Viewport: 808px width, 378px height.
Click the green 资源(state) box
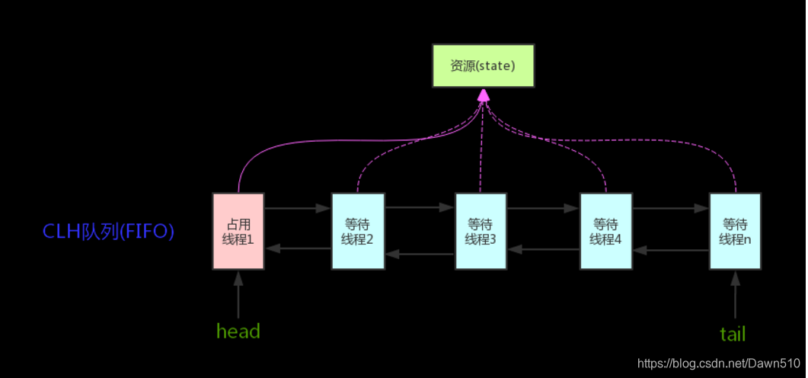click(x=483, y=66)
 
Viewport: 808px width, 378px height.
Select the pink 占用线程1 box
click(x=238, y=231)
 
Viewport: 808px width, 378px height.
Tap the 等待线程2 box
click(x=358, y=231)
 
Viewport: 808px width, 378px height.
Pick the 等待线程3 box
click(x=481, y=231)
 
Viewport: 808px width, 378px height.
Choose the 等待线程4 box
click(x=606, y=231)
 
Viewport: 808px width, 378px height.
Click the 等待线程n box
click(x=735, y=231)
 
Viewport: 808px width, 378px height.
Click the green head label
click(x=238, y=332)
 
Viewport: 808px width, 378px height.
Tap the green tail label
click(x=733, y=334)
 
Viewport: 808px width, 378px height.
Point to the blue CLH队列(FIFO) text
click(x=109, y=231)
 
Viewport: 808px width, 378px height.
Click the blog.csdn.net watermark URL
click(x=718, y=364)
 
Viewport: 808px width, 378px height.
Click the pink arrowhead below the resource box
click(x=483, y=95)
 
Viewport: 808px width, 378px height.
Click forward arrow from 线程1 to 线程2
click(x=298, y=207)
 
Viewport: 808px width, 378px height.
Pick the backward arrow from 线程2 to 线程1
click(x=298, y=248)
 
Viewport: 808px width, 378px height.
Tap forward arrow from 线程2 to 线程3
click(x=420, y=207)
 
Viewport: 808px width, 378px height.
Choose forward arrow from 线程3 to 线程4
click(x=544, y=207)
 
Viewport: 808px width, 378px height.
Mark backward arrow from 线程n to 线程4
click(x=671, y=248)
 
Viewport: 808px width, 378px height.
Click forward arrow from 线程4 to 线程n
click(x=671, y=207)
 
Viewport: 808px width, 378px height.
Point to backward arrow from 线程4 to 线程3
click(x=544, y=248)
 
